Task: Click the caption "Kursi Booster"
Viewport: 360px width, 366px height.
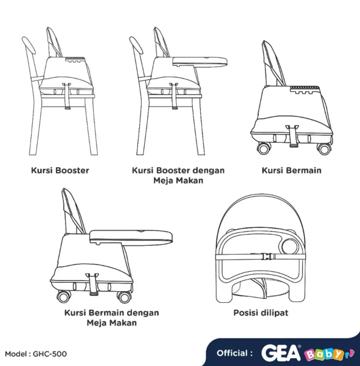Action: click(x=60, y=170)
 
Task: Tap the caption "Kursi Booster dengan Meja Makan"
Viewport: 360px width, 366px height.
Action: click(x=178, y=175)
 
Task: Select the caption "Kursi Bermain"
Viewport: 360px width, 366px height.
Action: click(x=291, y=170)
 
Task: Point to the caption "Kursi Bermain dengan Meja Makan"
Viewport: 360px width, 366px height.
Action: click(x=111, y=317)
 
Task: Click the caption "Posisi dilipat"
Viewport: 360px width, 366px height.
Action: click(x=262, y=312)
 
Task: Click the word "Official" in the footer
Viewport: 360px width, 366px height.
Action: click(x=232, y=353)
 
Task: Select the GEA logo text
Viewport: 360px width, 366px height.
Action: click(x=282, y=353)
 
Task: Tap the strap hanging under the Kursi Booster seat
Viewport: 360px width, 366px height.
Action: click(x=67, y=97)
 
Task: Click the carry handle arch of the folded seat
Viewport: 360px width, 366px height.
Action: click(x=262, y=210)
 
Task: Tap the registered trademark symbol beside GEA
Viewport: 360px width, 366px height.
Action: click(x=303, y=347)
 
